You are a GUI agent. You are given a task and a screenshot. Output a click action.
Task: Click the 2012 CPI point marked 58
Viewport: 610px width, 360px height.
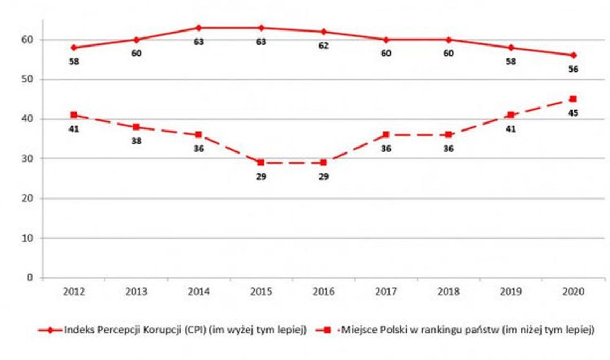(x=74, y=48)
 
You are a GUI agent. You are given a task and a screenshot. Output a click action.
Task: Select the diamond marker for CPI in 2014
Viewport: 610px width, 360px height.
(x=199, y=28)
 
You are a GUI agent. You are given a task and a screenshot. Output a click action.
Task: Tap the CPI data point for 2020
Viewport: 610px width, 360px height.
(x=573, y=55)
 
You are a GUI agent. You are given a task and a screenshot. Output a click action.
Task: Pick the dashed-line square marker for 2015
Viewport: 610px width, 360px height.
(x=261, y=162)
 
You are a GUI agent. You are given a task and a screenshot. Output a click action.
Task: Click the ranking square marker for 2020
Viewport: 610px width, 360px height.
(x=573, y=99)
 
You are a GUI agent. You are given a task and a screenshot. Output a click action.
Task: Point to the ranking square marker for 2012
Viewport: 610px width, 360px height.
(x=74, y=114)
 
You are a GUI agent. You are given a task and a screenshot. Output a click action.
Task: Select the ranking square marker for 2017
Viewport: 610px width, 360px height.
(x=386, y=134)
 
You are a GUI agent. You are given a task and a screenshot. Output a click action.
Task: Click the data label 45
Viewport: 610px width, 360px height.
(x=573, y=113)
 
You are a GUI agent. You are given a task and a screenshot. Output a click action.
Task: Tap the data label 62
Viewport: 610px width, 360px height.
(x=323, y=45)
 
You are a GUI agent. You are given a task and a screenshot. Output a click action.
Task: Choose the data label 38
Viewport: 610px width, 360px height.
(x=136, y=142)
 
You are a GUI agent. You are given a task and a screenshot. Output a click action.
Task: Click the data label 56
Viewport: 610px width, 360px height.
(x=573, y=69)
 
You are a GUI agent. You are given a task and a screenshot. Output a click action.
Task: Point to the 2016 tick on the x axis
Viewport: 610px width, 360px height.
(x=323, y=292)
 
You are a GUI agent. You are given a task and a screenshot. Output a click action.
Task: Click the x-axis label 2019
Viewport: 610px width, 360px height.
(x=510, y=292)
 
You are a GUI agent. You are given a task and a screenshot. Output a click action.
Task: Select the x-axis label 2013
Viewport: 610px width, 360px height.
(x=136, y=292)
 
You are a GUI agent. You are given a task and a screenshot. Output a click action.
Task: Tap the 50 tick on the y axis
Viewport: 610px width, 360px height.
(x=27, y=79)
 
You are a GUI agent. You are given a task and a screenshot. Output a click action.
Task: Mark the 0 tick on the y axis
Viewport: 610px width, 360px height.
(x=30, y=278)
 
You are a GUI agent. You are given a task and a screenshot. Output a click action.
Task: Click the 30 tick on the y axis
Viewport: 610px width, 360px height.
(x=27, y=158)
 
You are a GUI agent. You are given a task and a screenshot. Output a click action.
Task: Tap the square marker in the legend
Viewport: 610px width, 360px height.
(x=326, y=330)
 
